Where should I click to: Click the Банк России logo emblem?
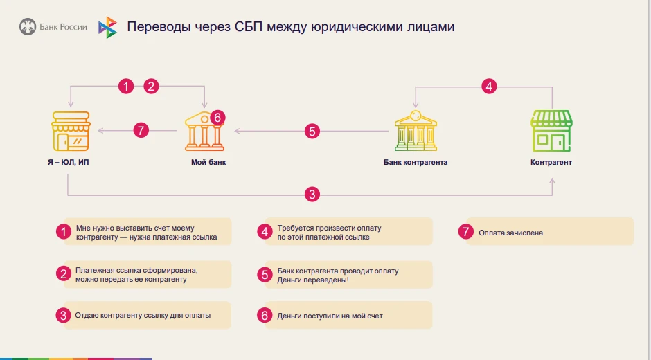(x=28, y=27)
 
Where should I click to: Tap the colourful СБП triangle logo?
(x=107, y=27)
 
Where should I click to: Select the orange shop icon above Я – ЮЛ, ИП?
(x=70, y=130)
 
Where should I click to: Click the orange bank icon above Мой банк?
(x=204, y=132)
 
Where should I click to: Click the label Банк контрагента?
(x=416, y=163)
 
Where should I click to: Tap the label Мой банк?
(x=208, y=163)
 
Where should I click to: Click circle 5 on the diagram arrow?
(x=312, y=130)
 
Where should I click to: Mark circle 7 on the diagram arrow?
(x=141, y=130)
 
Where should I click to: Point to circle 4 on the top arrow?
(x=489, y=87)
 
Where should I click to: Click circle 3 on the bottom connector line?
(x=312, y=195)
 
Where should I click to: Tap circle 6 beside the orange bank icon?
(x=217, y=118)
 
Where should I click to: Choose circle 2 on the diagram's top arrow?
(x=151, y=87)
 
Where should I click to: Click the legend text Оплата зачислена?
(x=510, y=233)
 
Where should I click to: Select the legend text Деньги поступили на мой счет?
(x=330, y=316)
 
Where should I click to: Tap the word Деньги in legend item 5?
(x=289, y=279)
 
